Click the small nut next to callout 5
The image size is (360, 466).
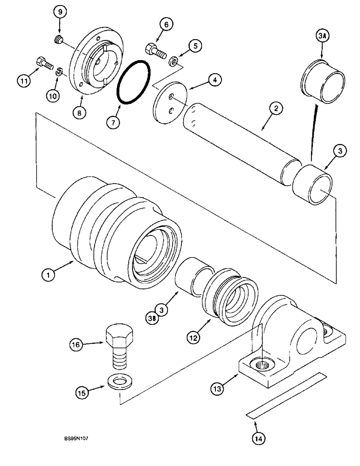[x=172, y=61]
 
